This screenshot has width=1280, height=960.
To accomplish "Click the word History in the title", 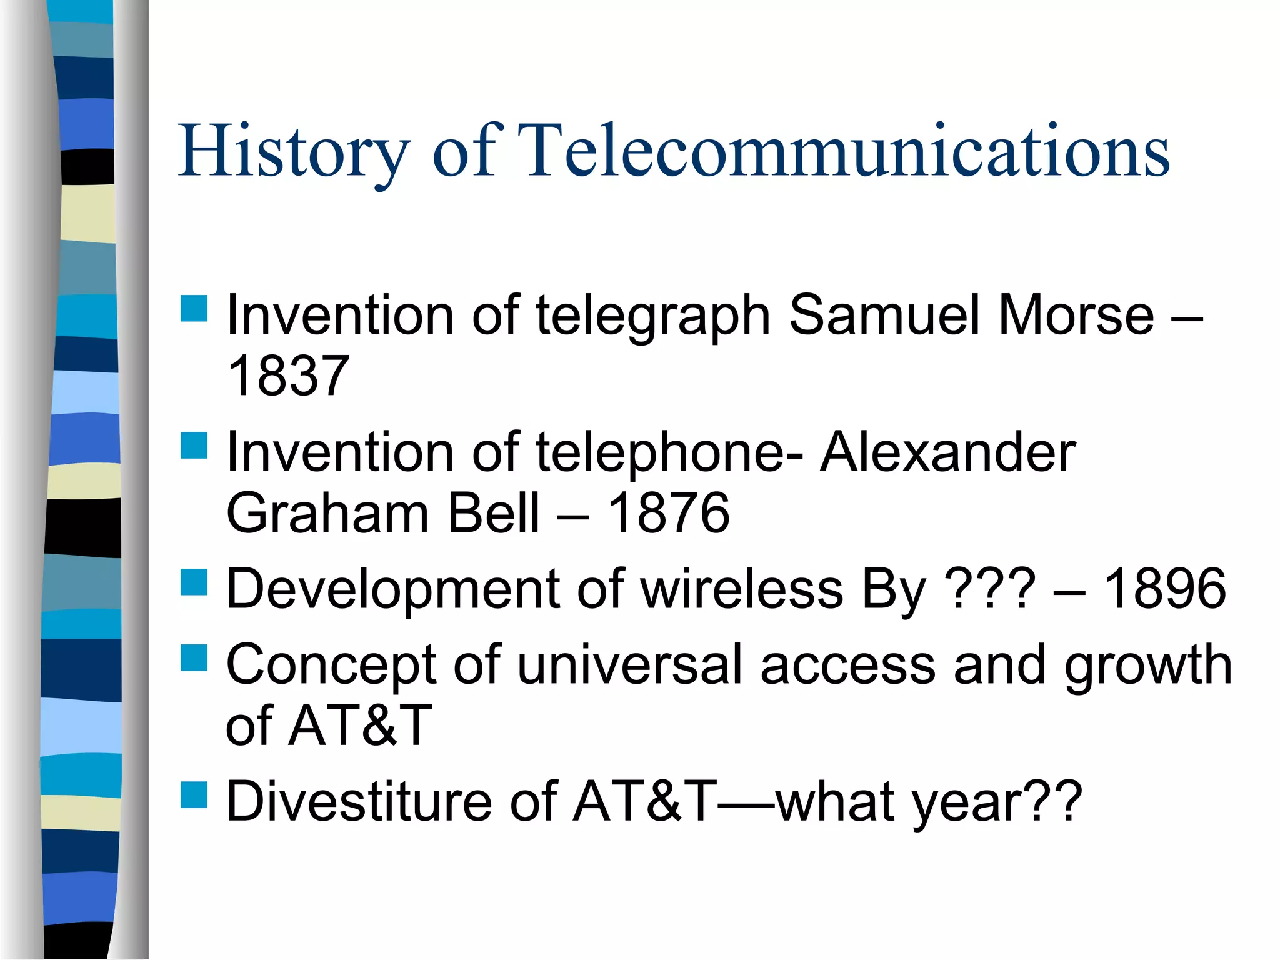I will point(294,151).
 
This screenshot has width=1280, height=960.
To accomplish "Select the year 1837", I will point(288,376).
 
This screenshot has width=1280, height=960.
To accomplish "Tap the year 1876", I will point(668,513).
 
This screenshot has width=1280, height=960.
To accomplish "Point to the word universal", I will point(630,664).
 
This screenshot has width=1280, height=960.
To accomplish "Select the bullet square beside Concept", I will point(194,658).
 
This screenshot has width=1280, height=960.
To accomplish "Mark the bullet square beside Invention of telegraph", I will point(194,308).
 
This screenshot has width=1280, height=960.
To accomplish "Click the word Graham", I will point(327,513).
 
